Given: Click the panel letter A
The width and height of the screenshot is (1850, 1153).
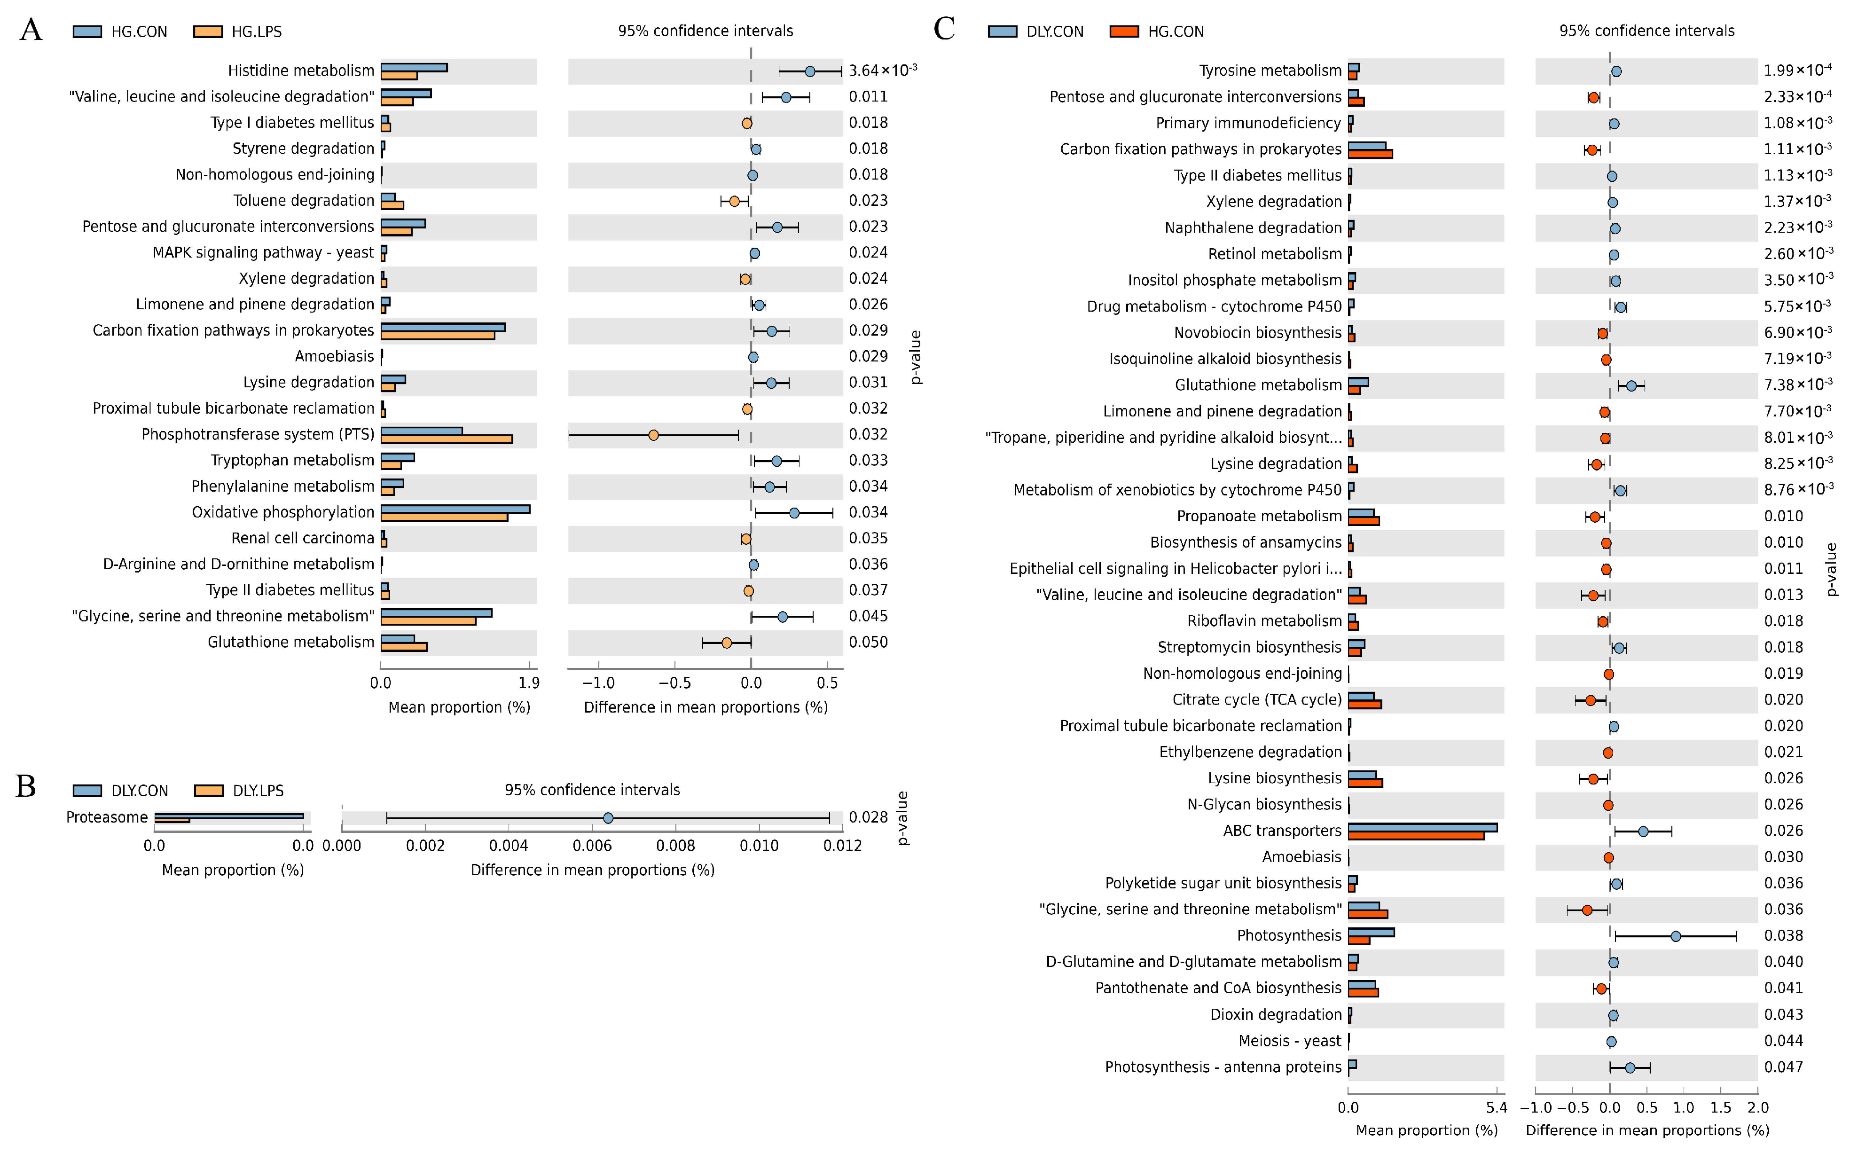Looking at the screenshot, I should [31, 31].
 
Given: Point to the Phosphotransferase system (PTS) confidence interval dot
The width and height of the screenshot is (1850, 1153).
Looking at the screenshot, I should [653, 435].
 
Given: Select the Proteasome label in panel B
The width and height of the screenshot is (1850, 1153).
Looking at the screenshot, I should [107, 817].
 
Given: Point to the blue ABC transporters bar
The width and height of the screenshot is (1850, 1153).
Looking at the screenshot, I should [1422, 827].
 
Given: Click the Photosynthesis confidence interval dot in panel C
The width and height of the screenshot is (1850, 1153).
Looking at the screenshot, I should [1675, 936].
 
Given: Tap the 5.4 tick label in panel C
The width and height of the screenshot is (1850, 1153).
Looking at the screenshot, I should [1496, 1108].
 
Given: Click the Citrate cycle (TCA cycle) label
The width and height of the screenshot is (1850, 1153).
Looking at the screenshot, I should [1257, 700].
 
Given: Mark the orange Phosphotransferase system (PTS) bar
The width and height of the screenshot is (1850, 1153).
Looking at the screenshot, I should [446, 439].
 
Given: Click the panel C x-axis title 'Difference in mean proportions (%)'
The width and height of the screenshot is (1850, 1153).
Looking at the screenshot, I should [1647, 1130].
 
